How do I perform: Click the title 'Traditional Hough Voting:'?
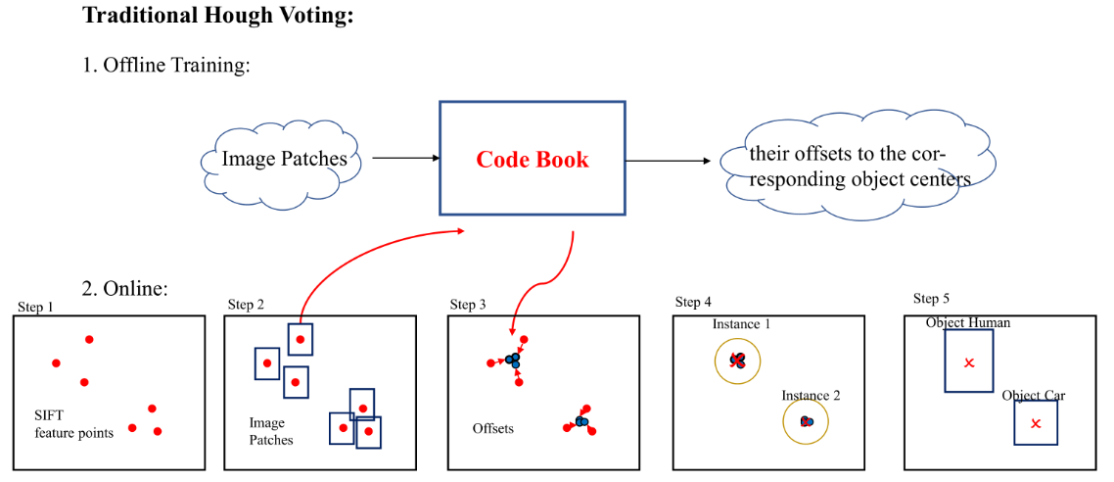[x=217, y=16]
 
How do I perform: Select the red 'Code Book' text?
[x=533, y=160]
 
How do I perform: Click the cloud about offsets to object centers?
[x=859, y=168]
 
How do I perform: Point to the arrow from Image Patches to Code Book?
[x=403, y=158]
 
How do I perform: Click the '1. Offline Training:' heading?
[x=166, y=66]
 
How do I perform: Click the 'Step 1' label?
[x=35, y=308]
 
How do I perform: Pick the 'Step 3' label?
[x=468, y=305]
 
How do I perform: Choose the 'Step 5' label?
[x=931, y=299]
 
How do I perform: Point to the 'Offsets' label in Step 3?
[x=493, y=429]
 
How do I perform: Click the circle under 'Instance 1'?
[x=738, y=361]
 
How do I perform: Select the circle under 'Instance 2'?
[x=806, y=422]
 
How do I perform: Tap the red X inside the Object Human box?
[x=968, y=363]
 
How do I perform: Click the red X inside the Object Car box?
[x=1036, y=423]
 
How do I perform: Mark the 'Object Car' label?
[x=1033, y=396]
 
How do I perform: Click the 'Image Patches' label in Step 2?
[x=270, y=432]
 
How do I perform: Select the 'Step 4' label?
[x=693, y=302]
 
